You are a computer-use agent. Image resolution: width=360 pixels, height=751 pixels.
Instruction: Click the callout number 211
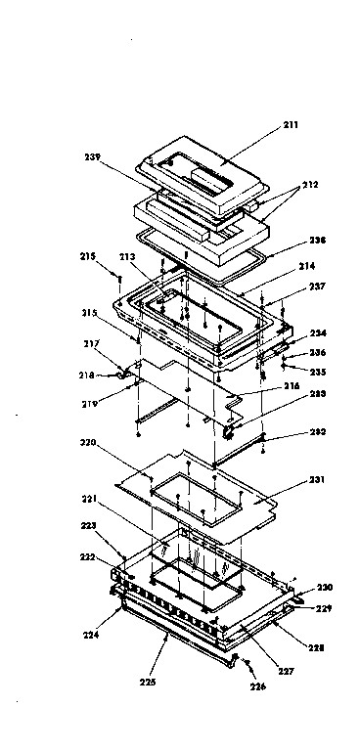click(291, 125)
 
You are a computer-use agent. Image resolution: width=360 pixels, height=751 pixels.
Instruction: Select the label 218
click(87, 375)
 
